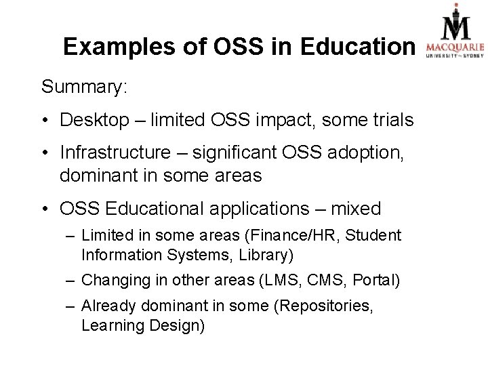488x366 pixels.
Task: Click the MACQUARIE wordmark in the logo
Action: (454, 47)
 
